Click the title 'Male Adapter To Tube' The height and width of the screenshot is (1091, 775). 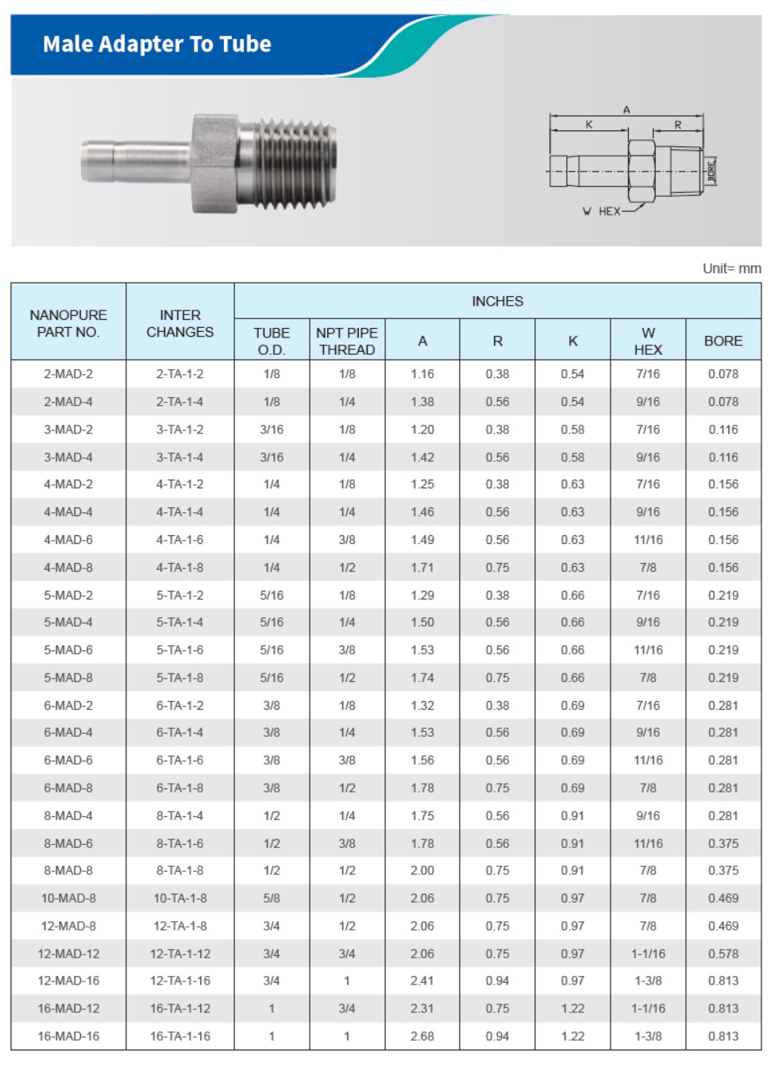click(x=156, y=44)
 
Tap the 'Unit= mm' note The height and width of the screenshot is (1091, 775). click(x=731, y=268)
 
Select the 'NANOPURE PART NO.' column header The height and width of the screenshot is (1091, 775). click(x=68, y=323)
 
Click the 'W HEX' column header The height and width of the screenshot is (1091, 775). click(x=648, y=341)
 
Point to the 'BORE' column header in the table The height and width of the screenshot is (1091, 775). click(x=723, y=341)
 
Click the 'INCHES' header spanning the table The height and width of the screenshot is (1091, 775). click(x=497, y=301)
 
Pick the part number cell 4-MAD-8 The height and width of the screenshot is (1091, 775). click(x=68, y=568)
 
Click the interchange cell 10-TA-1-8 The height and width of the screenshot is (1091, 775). click(x=180, y=898)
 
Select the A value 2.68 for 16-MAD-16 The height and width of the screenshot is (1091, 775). click(x=422, y=1036)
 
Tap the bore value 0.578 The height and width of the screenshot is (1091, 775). click(x=723, y=954)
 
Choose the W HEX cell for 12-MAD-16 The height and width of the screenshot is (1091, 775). click(x=648, y=981)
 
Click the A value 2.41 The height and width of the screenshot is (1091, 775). click(x=422, y=981)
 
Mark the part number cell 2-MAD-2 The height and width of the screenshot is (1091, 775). click(x=68, y=374)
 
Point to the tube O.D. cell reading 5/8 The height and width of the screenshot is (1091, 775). click(x=272, y=898)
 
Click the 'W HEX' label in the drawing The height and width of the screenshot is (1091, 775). click(x=601, y=211)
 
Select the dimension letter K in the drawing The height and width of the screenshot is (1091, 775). click(x=589, y=125)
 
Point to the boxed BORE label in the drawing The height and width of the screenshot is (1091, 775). click(x=711, y=171)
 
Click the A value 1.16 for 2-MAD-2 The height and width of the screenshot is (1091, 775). click(x=422, y=374)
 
